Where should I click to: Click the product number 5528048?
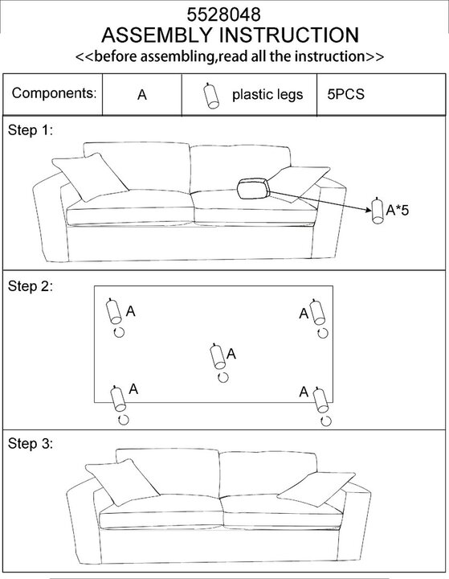[223, 14]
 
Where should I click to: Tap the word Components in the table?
[54, 93]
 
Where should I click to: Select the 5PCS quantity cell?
[345, 95]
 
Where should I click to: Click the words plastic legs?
[267, 95]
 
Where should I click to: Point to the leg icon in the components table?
[211, 96]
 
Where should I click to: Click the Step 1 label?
[31, 130]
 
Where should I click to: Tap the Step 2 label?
[31, 286]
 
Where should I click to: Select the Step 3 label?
[31, 443]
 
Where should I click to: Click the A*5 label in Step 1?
[398, 210]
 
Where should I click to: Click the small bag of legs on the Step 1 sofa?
[254, 189]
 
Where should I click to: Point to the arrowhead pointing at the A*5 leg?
[369, 210]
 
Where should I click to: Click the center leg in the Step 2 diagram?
[218, 356]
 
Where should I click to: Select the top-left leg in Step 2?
[113, 311]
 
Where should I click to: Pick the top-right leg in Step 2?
[317, 312]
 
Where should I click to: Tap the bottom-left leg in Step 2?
[118, 398]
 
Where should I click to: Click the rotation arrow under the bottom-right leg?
[326, 421]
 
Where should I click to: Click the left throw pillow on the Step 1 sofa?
[90, 177]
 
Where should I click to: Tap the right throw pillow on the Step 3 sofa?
[316, 488]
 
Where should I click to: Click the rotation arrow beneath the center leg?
[222, 377]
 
